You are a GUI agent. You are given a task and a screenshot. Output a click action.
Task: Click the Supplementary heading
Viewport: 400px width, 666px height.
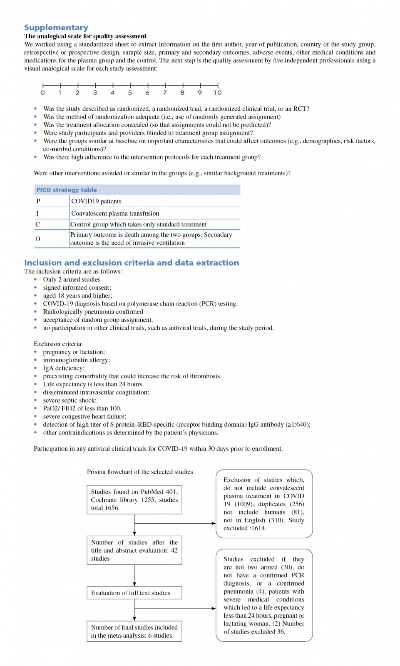(x=56, y=27)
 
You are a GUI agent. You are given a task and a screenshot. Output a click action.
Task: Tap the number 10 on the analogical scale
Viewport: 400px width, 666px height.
(x=218, y=93)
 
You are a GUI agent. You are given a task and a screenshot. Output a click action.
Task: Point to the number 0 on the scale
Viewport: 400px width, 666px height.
(x=42, y=93)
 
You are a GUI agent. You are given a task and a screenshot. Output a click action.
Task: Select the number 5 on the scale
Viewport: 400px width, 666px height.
(x=130, y=93)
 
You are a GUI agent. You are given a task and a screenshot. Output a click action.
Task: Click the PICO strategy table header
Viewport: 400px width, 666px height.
(x=67, y=190)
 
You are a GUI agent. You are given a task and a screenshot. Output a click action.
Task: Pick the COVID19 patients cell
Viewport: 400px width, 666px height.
(x=96, y=201)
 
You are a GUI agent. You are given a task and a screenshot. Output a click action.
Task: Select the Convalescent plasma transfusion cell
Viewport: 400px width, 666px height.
(x=115, y=213)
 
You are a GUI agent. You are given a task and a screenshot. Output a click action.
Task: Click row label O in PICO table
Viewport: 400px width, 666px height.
(x=38, y=239)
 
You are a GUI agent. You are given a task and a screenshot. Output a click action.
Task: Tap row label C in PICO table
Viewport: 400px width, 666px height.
(x=37, y=224)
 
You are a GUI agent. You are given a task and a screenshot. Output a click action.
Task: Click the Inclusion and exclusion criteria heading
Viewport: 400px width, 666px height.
(x=132, y=263)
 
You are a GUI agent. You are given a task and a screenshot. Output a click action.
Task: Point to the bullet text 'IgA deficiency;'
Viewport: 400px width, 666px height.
(x=64, y=368)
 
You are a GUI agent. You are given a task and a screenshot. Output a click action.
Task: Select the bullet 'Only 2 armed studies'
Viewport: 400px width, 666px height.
(x=72, y=280)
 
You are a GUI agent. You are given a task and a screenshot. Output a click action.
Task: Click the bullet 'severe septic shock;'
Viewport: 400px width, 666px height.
(x=70, y=400)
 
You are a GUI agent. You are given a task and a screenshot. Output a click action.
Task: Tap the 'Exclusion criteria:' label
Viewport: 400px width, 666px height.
(x=58, y=344)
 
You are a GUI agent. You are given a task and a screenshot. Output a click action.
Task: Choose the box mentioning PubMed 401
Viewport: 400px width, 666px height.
(x=134, y=499)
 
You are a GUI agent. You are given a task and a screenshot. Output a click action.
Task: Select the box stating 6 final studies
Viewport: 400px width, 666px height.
(x=134, y=631)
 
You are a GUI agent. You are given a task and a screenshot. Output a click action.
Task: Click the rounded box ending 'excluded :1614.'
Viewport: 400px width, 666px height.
(x=264, y=504)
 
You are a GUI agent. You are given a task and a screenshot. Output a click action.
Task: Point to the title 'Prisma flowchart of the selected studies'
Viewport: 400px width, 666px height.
(x=140, y=472)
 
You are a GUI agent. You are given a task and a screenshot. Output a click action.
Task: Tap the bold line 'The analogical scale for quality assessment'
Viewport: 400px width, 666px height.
(x=85, y=36)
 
